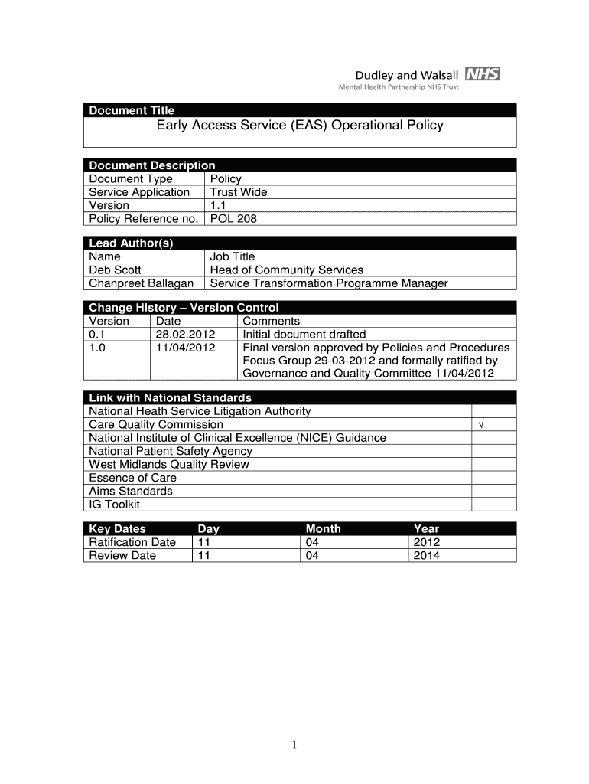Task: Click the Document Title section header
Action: (x=132, y=110)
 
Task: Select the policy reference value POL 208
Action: (x=233, y=219)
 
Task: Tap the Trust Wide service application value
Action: (x=239, y=192)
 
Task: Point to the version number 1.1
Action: (x=219, y=205)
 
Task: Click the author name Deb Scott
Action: (x=115, y=269)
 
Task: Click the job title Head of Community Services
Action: (x=287, y=269)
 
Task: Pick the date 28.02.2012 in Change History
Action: (x=185, y=334)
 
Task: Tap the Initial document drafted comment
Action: (x=304, y=334)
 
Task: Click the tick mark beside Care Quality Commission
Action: (x=481, y=424)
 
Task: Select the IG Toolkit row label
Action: (x=114, y=505)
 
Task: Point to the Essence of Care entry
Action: (x=132, y=478)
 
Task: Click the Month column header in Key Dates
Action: (x=323, y=528)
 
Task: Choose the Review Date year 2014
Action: (x=426, y=555)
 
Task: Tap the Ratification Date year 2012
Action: (x=426, y=542)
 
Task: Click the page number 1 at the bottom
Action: (x=294, y=744)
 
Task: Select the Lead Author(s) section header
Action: (x=132, y=243)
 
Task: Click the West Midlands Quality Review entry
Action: (x=168, y=464)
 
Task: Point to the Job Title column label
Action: (x=233, y=256)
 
